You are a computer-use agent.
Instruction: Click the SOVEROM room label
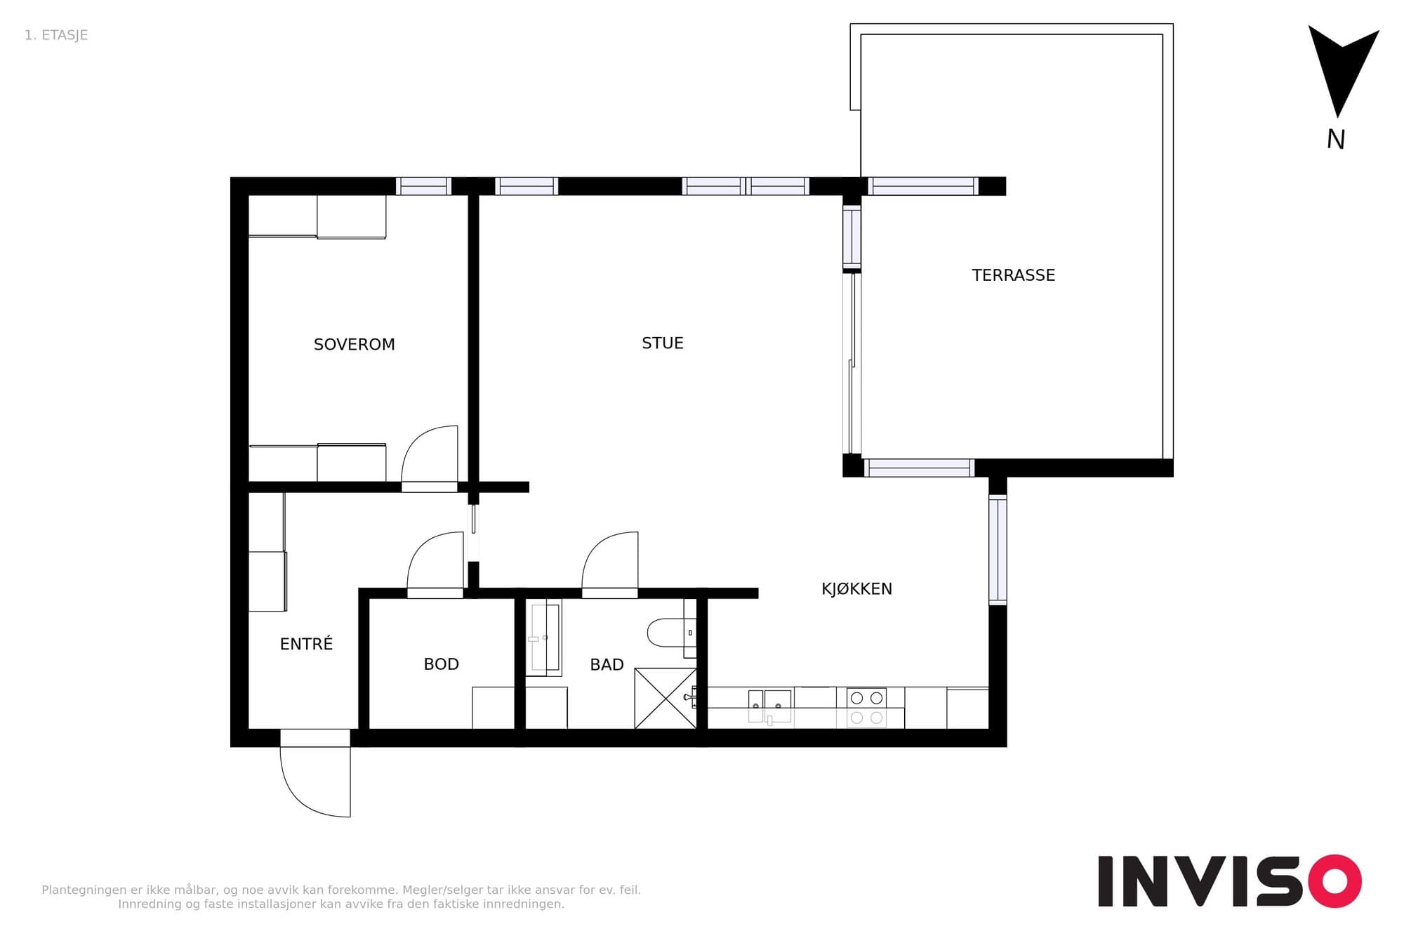354,344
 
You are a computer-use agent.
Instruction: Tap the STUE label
662,343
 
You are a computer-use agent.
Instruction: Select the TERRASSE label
1013,275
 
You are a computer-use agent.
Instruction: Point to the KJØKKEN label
856,588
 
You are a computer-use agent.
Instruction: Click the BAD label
607,664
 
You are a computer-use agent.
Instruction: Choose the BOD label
441,664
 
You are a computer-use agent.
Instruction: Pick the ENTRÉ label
306,643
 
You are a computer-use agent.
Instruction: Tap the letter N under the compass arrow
1335,140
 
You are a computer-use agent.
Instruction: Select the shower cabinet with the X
665,698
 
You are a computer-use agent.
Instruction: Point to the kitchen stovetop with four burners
866,708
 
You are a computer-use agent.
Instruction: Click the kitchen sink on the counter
769,706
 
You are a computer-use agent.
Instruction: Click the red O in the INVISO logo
1335,881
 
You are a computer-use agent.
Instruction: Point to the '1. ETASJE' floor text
56,35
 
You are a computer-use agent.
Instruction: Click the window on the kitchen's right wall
998,550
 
